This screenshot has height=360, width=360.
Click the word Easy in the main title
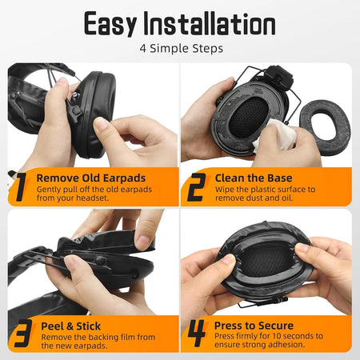[110, 23]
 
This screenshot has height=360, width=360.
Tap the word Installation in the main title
[210, 23]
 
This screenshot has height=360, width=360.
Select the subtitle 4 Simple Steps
[182, 49]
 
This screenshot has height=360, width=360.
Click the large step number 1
[21, 186]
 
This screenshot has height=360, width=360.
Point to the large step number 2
[196, 187]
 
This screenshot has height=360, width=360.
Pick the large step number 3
[23, 334]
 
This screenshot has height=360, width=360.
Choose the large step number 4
[197, 333]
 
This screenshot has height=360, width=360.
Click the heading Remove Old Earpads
[91, 178]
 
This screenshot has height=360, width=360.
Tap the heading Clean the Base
[254, 178]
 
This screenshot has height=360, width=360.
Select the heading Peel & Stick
[70, 326]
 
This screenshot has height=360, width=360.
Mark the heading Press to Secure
[254, 326]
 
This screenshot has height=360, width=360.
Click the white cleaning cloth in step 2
[274, 134]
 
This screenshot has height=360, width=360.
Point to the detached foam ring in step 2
[325, 127]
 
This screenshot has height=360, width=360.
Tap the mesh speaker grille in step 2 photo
[249, 118]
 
